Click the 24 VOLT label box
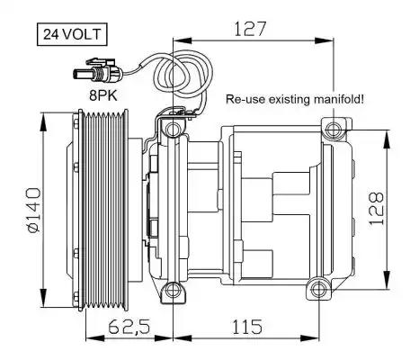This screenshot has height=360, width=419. click(72, 34)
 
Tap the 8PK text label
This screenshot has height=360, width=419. click(103, 95)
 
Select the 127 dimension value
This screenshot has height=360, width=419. click(250, 29)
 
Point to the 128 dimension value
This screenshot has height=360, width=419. click(377, 208)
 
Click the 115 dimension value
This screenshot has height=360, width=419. click(247, 327)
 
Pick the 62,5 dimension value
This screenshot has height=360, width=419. click(129, 327)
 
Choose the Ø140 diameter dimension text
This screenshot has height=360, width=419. click(32, 210)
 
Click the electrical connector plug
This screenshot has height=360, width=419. click(97, 71)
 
